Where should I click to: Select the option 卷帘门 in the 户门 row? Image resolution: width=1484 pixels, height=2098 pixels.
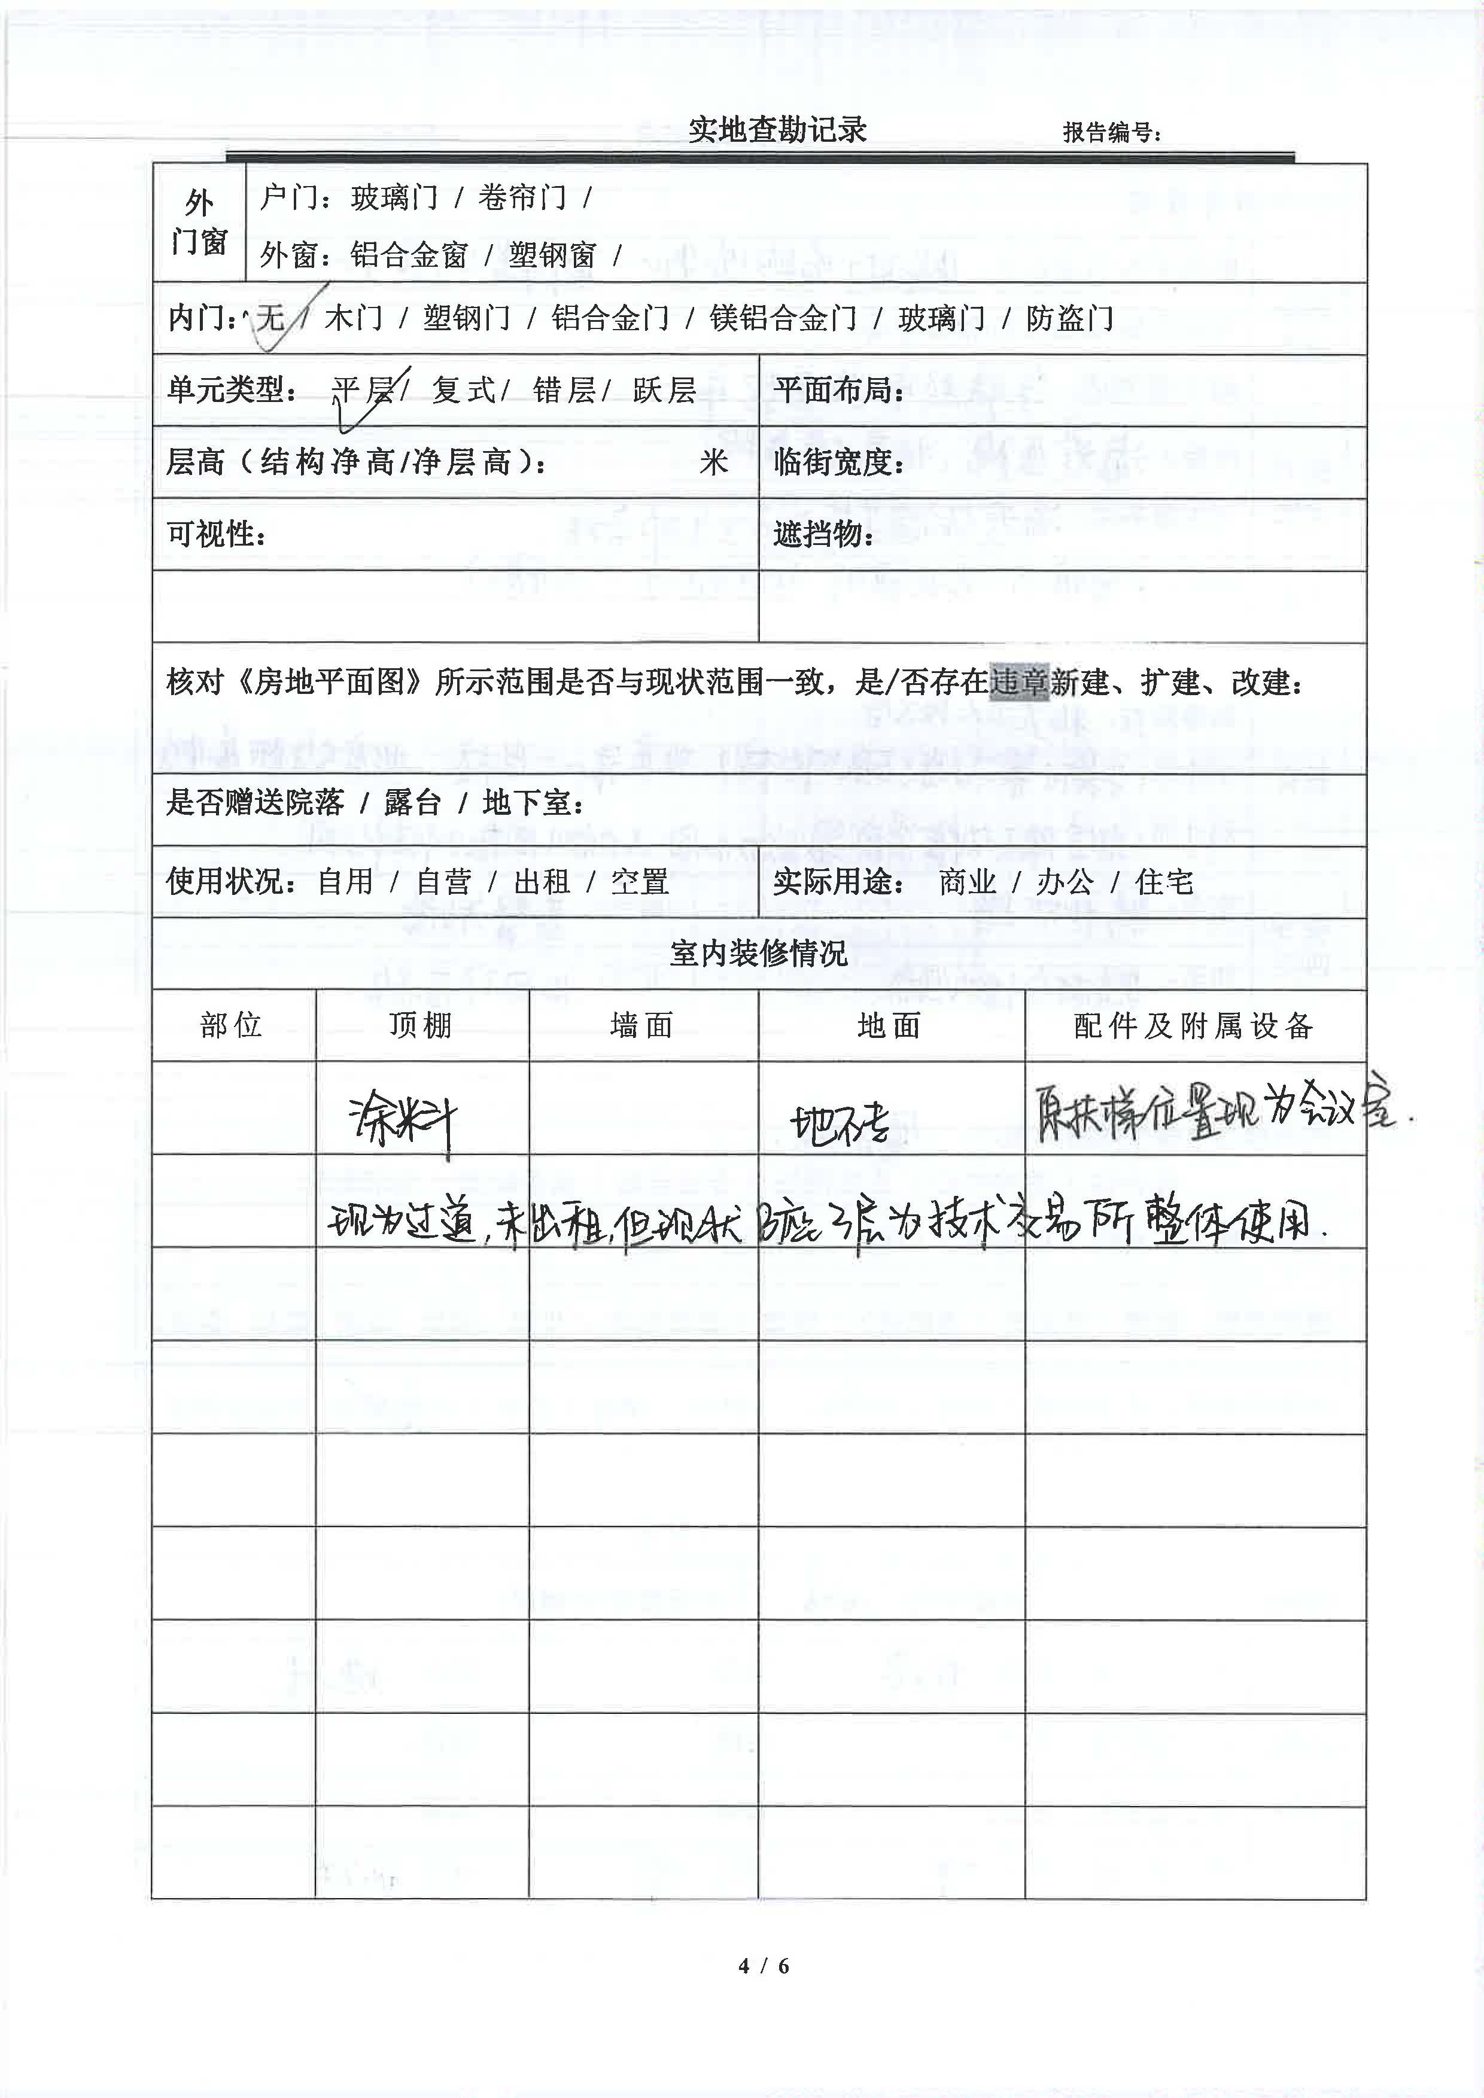click(522, 197)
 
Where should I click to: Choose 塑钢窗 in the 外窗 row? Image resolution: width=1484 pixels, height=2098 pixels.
click(552, 255)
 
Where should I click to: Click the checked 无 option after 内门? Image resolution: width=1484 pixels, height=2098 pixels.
click(270, 318)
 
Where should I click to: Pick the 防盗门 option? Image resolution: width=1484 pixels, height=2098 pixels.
click(1069, 318)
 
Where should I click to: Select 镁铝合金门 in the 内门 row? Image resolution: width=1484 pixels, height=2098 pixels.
click(783, 318)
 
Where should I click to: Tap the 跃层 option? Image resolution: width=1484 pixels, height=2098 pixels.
click(664, 390)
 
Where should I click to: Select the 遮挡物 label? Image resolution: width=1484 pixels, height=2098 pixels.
click(822, 534)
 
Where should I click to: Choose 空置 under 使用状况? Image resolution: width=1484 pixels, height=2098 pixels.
click(640, 882)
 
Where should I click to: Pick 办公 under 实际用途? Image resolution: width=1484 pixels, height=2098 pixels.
click(1065, 882)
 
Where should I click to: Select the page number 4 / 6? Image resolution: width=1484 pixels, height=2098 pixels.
click(764, 1966)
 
